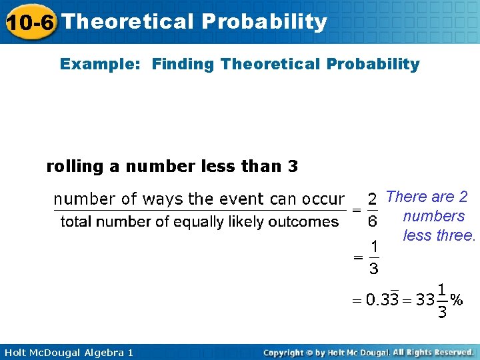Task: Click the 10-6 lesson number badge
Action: coord(31,22)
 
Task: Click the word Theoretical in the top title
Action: coord(127,22)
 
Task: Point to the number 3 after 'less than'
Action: coord(293,166)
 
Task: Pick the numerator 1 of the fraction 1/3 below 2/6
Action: coord(374,247)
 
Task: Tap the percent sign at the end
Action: coord(456,299)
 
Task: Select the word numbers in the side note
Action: coord(434,216)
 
